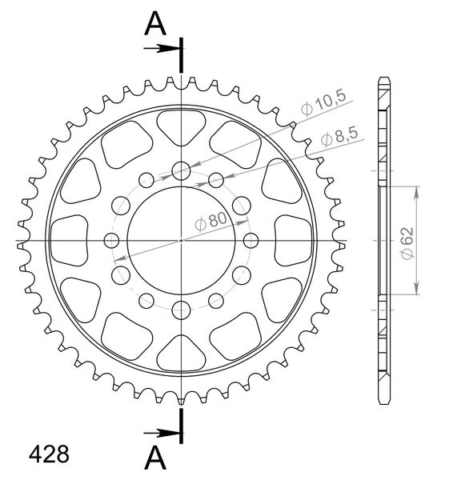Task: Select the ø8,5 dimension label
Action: pyautogui.click(x=339, y=136)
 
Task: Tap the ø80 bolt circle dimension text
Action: pyautogui.click(x=211, y=221)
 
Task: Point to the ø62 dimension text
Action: pyautogui.click(x=407, y=242)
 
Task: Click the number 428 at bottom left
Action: pyautogui.click(x=49, y=454)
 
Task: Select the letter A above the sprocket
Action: pyautogui.click(x=155, y=24)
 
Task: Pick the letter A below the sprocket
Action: pyautogui.click(x=155, y=458)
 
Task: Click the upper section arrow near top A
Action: pyautogui.click(x=162, y=48)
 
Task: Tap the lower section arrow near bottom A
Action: pyautogui.click(x=162, y=433)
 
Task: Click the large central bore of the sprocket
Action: pyautogui.click(x=181, y=241)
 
